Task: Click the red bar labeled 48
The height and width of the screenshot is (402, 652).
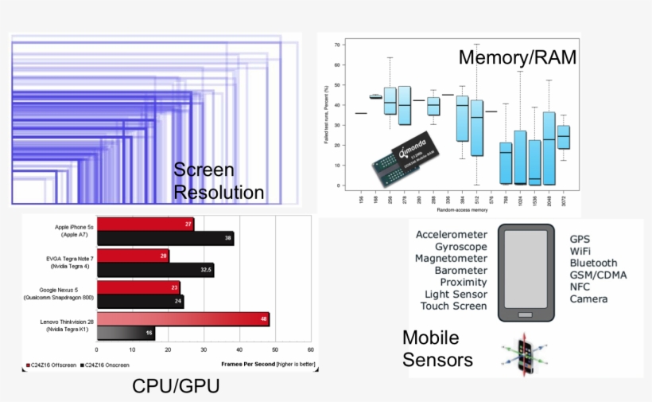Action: tap(183, 319)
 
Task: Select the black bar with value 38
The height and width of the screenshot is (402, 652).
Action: tap(165, 238)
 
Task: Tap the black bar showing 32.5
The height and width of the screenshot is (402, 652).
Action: tap(155, 271)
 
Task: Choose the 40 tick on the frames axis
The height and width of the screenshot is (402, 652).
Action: tap(239, 349)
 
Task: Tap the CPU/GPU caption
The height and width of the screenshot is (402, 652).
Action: tap(175, 387)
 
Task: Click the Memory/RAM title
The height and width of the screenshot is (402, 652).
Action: tap(517, 57)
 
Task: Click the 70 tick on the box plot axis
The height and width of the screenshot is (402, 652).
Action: tap(338, 45)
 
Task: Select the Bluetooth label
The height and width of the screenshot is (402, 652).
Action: tap(593, 263)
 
